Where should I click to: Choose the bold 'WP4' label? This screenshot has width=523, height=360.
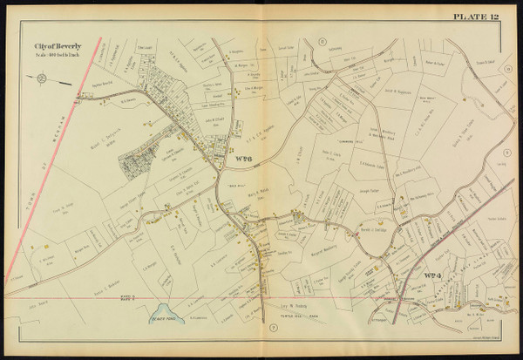coord(433,278)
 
